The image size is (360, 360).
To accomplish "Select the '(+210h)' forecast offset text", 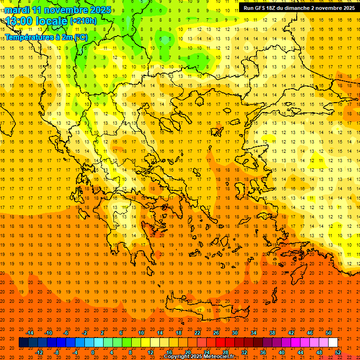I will coord(83,21).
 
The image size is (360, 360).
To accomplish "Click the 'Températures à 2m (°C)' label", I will coord(46,37).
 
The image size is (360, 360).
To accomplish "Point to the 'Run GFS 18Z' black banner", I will coord(299,8).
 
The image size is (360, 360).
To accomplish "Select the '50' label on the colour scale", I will coord(329,333).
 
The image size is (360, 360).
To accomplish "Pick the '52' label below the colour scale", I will coord(338,352).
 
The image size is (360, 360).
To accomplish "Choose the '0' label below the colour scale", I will coord(93,352).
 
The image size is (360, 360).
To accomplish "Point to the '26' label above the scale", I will coord(216,333).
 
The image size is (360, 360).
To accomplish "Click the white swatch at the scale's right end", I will coord(333,342).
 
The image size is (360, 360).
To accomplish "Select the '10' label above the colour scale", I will coord(141,333).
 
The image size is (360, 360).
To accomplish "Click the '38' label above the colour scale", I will coord(272,333).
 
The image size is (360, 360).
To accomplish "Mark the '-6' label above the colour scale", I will coord(66,333).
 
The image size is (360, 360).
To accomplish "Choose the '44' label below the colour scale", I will coord(300,352).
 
